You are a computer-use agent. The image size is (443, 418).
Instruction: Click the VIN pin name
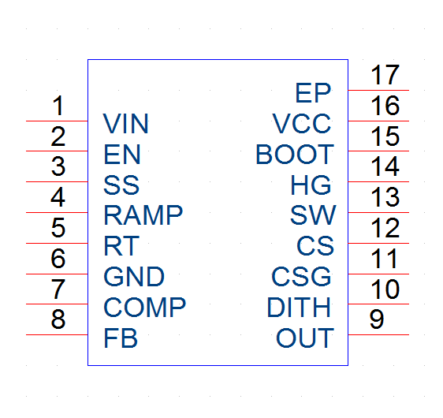coord(125,124)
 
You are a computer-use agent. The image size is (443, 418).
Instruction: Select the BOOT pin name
coord(295,155)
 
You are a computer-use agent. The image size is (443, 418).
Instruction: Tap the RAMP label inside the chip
coord(143,215)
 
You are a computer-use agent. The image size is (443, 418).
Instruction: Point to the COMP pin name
coord(145,308)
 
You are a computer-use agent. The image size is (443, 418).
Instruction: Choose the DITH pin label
coord(299,308)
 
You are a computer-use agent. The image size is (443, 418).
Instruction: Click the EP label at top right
coord(313,93)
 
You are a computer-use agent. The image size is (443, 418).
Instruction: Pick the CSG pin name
coord(301,276)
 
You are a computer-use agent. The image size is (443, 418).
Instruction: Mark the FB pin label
coord(121,338)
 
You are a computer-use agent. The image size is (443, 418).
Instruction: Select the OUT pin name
coord(305,338)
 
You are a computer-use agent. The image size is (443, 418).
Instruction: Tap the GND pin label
coord(134,276)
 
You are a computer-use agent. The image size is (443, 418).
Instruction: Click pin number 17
coord(385,75)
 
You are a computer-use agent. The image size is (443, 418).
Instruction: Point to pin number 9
coord(377,319)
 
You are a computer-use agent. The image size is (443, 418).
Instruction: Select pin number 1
coord(58,106)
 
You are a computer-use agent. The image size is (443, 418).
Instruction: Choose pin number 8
coord(58,319)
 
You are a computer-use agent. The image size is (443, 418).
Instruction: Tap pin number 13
coord(385,197)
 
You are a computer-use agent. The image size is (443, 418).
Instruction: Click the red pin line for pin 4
coord(57,212)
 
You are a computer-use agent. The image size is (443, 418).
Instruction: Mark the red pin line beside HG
coord(378,181)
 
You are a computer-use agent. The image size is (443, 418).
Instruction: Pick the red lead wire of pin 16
coord(378,121)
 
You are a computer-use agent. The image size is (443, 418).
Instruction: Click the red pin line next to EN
coord(57,151)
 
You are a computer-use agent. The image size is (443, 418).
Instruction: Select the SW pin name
coord(313,215)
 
